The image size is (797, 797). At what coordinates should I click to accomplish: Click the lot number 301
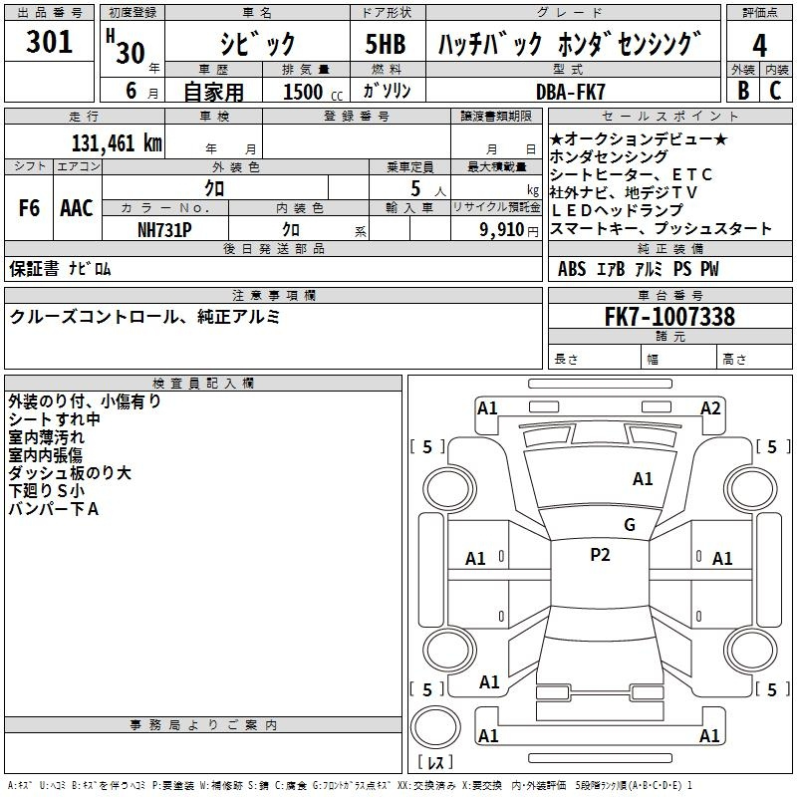click(x=49, y=41)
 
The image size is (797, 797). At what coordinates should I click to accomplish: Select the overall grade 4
click(x=759, y=45)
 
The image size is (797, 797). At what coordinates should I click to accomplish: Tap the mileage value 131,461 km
click(x=117, y=142)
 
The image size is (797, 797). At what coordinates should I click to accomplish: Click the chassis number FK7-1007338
click(x=669, y=316)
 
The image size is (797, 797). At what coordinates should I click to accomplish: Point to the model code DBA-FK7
click(x=570, y=92)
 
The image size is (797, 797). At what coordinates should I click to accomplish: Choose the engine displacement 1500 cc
click(x=313, y=92)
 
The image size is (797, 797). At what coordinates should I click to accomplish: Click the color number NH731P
click(x=164, y=230)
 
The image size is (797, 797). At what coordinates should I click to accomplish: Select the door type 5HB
click(x=386, y=44)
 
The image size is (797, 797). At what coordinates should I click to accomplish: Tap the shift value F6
click(x=29, y=208)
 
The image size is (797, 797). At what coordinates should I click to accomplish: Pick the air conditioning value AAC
click(x=77, y=208)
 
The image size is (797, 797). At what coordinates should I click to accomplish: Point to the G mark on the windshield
click(x=630, y=524)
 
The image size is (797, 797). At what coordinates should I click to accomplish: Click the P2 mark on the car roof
click(x=600, y=555)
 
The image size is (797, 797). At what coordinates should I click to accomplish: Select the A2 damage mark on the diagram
click(x=710, y=408)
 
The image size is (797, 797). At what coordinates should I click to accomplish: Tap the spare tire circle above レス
click(x=435, y=727)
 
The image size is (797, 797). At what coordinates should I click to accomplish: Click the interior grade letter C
click(x=775, y=91)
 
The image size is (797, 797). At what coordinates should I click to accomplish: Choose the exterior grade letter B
click(x=743, y=91)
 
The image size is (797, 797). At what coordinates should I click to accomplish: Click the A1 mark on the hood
click(x=643, y=479)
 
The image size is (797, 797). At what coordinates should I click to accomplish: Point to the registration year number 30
click(x=131, y=53)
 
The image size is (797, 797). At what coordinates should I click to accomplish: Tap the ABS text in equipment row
click(x=571, y=268)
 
